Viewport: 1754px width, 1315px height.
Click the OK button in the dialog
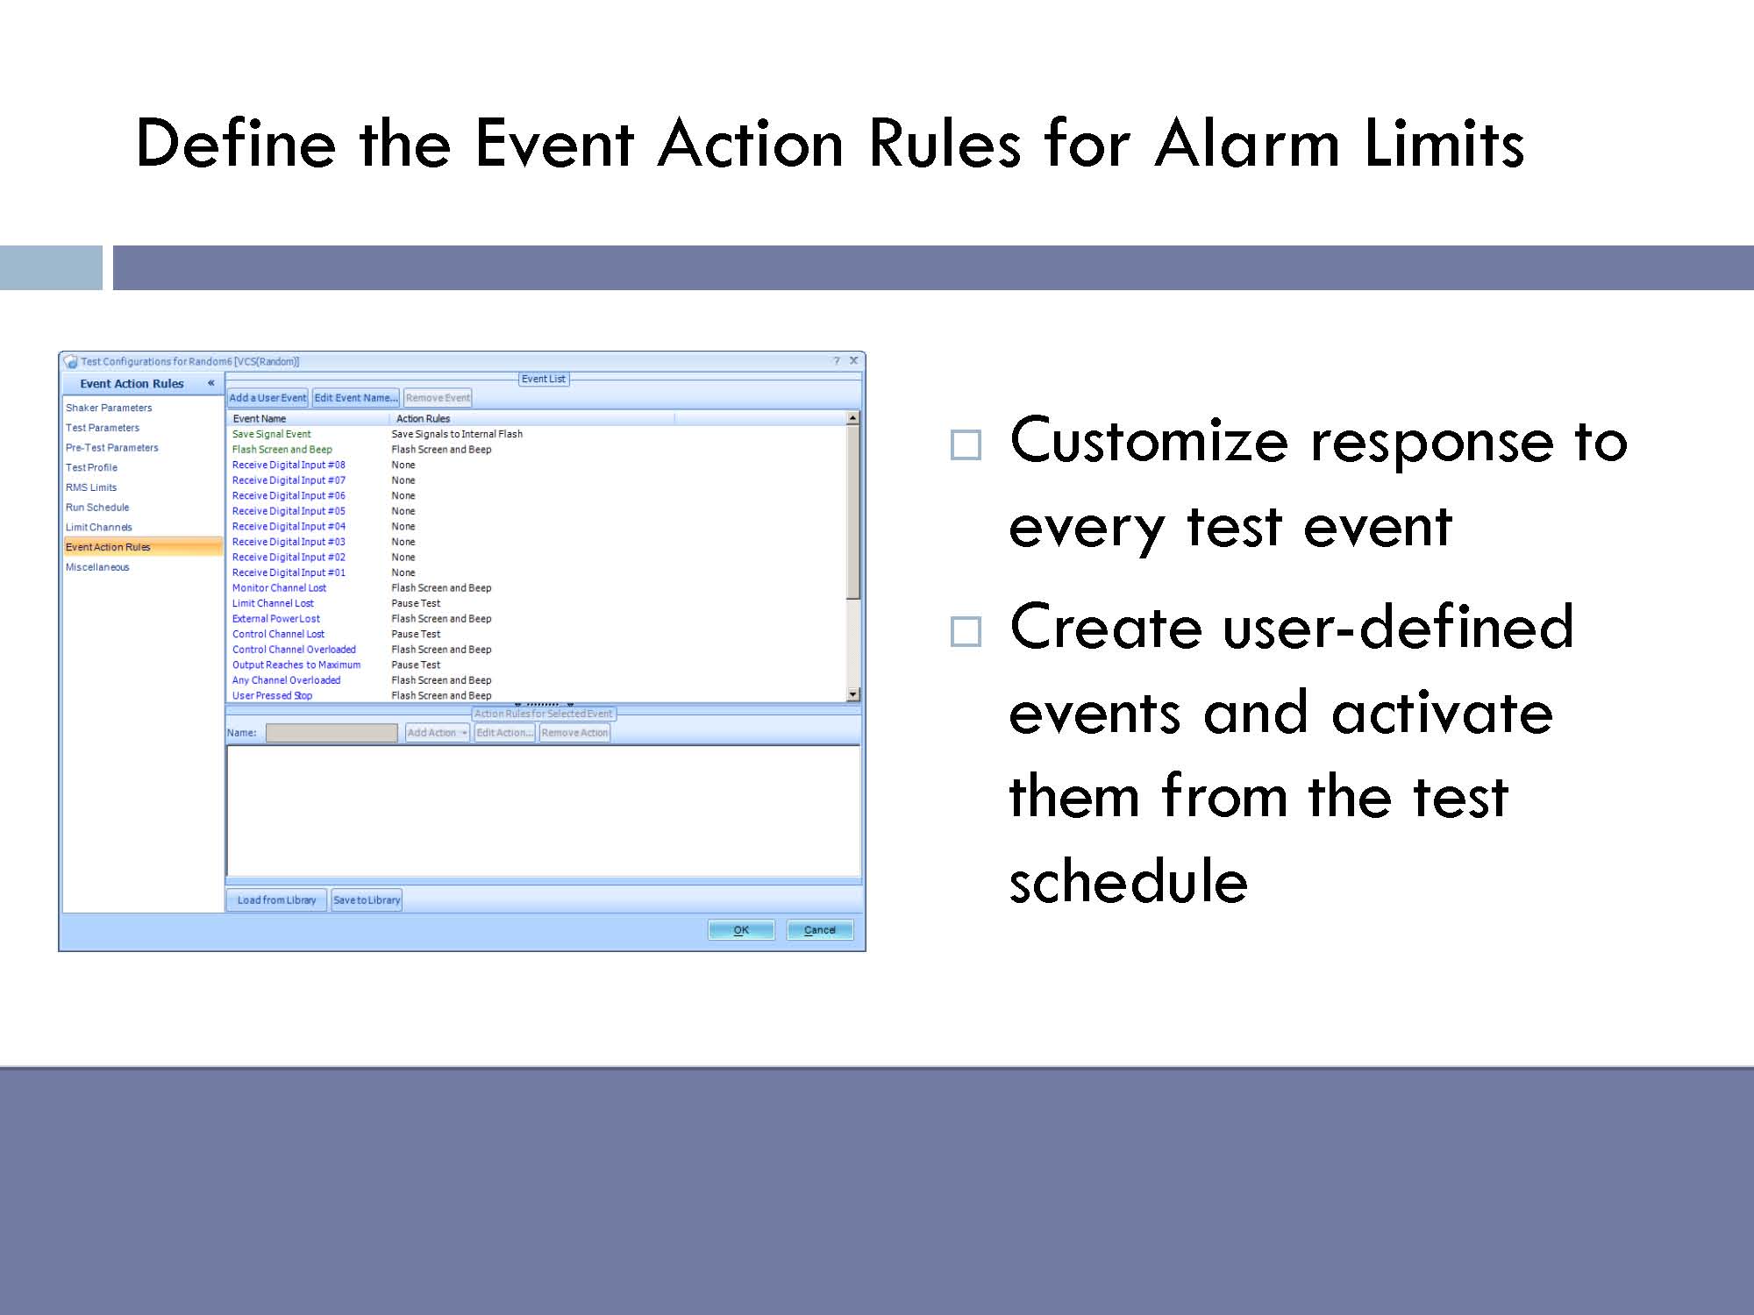(x=741, y=930)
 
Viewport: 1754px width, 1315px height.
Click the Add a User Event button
(x=267, y=398)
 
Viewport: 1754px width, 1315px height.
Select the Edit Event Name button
(x=355, y=398)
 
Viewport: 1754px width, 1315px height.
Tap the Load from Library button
(x=276, y=900)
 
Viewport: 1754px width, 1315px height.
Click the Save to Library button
(x=367, y=900)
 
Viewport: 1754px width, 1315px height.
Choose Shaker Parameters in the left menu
(x=109, y=408)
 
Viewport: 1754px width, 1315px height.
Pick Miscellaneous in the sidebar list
(x=97, y=567)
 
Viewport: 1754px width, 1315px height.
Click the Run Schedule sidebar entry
(x=97, y=508)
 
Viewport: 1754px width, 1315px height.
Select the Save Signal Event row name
(x=272, y=434)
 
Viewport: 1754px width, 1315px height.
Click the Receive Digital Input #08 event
(x=289, y=465)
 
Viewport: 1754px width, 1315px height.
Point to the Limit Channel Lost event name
(x=273, y=603)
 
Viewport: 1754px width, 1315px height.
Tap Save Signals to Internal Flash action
(x=457, y=434)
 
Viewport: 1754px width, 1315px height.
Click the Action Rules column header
(x=423, y=419)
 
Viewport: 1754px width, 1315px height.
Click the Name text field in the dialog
(x=332, y=733)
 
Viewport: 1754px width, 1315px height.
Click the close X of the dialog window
(x=853, y=360)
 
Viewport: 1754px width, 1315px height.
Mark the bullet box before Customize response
(x=966, y=445)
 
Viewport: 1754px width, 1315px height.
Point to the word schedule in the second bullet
(x=1129, y=880)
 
